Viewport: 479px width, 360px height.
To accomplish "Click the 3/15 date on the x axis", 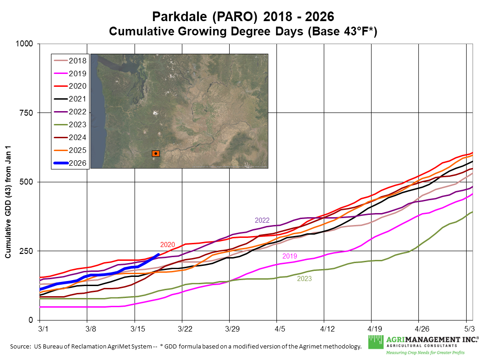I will coord(135,329).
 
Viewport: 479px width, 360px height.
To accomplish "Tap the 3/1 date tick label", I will coord(40,329).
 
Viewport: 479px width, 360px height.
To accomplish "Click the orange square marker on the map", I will coord(156,153).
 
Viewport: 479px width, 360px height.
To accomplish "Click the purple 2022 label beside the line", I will coord(262,220).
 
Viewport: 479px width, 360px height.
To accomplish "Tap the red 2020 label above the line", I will coord(168,245).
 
